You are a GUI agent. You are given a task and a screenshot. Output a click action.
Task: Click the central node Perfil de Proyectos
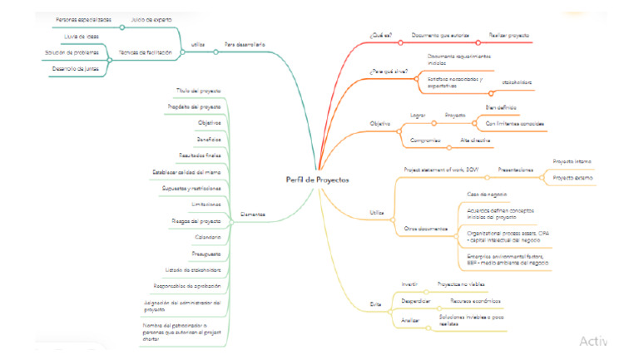[x=317, y=180]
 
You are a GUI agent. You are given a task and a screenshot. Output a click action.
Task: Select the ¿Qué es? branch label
[x=379, y=36]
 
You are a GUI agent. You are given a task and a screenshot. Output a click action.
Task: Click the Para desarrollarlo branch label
[x=245, y=43]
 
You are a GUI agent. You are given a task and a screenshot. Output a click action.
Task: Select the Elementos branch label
[x=253, y=214]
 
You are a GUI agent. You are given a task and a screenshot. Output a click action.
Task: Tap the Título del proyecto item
[x=198, y=90]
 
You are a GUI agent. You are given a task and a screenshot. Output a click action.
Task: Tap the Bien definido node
[x=501, y=108]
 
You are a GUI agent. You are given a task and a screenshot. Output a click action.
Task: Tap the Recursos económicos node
[x=475, y=300]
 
